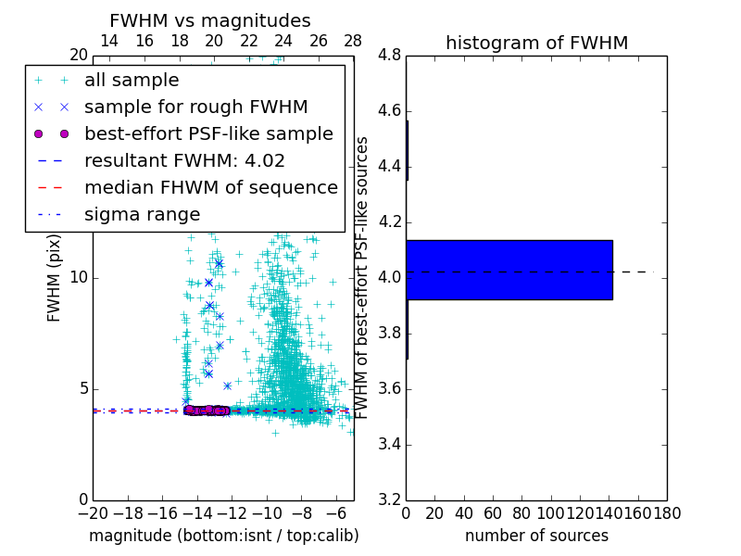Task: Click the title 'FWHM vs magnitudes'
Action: pos(209,20)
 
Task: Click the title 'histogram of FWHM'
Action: pos(536,43)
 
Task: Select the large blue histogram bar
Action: pos(509,270)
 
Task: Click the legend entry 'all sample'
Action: pos(132,81)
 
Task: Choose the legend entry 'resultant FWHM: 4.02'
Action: pos(184,160)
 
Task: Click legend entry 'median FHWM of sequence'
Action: pos(210,187)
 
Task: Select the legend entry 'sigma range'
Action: pos(142,214)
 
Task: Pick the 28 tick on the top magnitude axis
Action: pos(353,41)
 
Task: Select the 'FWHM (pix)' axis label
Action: pos(55,278)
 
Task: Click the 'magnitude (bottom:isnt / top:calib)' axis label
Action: pos(223,536)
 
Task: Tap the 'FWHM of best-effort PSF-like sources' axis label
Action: pos(363,278)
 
